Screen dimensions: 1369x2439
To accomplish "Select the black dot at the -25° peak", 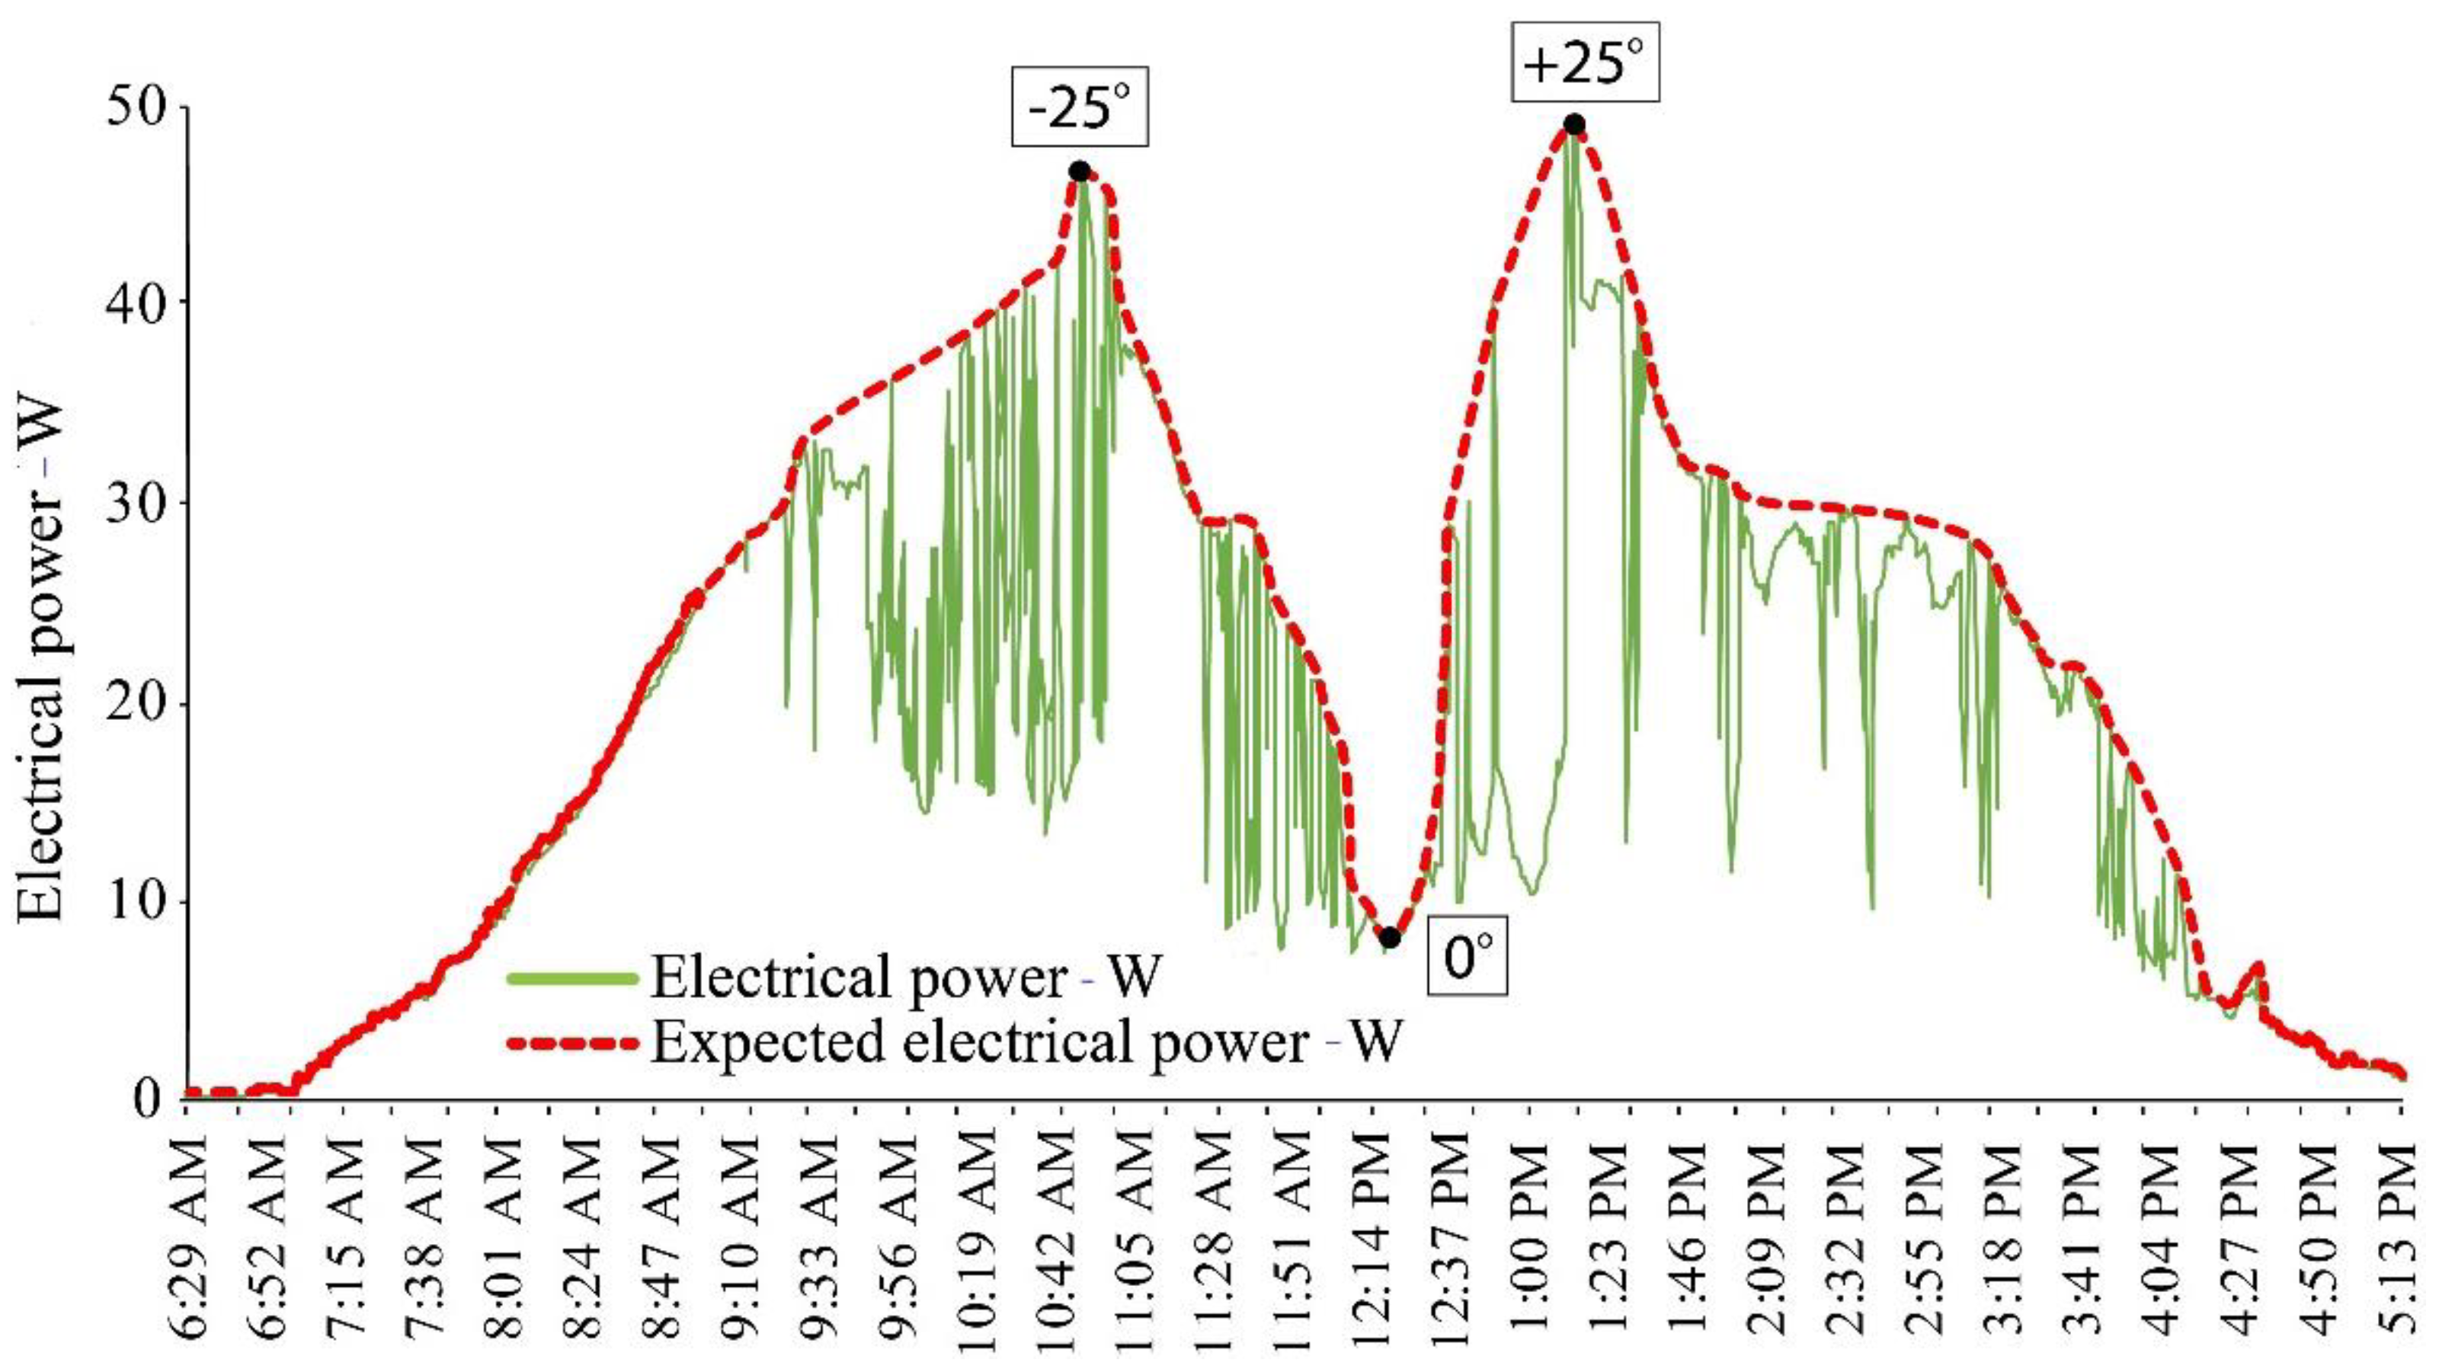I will [x=1080, y=171].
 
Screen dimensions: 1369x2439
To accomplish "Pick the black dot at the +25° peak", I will [x=1574, y=124].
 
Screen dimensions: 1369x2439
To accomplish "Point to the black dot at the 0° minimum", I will [x=1389, y=937].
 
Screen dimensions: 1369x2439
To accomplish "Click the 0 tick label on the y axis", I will [x=149, y=1099].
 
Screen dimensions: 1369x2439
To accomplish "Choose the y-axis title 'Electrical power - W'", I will [x=42, y=663].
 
